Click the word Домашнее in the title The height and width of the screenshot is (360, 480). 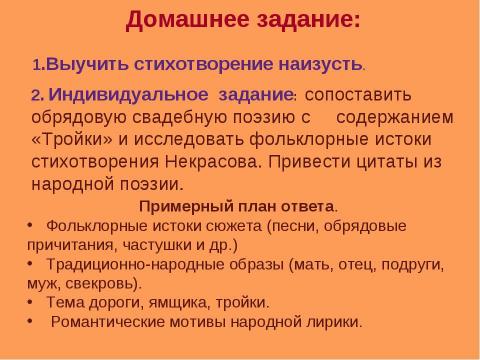click(x=184, y=20)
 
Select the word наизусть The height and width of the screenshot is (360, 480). click(x=317, y=64)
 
